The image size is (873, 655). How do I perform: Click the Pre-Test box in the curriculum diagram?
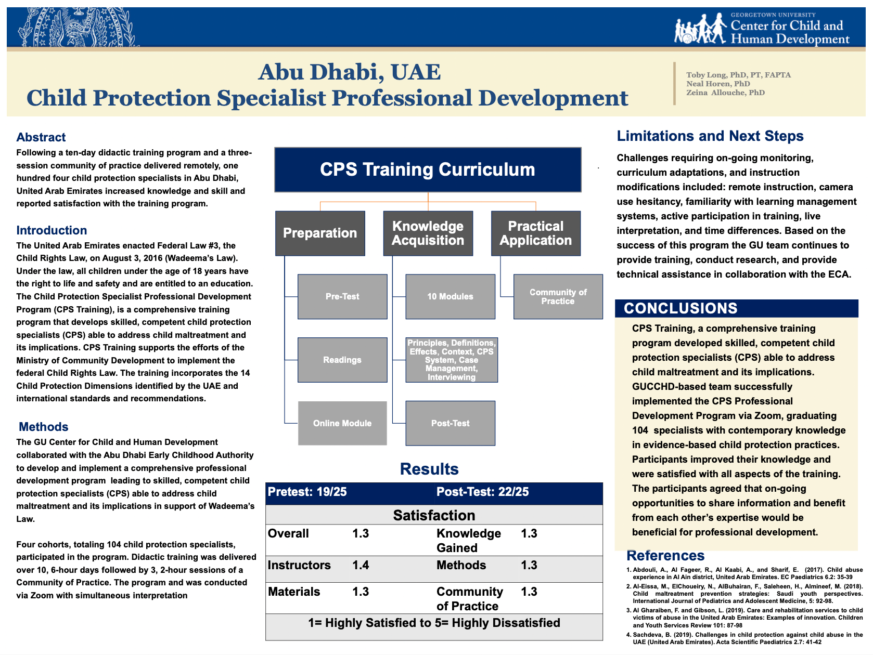click(x=342, y=296)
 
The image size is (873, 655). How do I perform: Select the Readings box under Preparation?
click(x=342, y=360)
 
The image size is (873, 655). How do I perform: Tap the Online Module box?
click(x=342, y=423)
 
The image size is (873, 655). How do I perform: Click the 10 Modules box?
click(x=450, y=296)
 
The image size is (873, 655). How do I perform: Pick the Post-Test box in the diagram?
click(x=450, y=423)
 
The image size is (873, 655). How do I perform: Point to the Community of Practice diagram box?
click(x=558, y=296)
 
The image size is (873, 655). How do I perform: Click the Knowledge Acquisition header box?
click(x=428, y=233)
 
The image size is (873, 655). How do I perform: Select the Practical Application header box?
click(x=535, y=233)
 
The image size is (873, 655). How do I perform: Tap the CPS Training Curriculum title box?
click(x=428, y=169)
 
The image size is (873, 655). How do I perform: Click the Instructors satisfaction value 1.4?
click(x=361, y=565)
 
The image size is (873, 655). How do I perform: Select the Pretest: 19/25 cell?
click(x=307, y=492)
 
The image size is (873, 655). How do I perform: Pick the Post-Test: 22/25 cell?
click(x=482, y=492)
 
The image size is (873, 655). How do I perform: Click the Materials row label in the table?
click(x=294, y=592)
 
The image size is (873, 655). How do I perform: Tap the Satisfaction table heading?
click(x=434, y=515)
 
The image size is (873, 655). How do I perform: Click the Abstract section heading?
click(x=41, y=137)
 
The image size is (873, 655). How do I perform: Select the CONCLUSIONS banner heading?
click(x=681, y=308)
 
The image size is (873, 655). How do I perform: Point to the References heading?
click(x=665, y=555)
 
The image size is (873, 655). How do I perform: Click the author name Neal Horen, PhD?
click(x=718, y=84)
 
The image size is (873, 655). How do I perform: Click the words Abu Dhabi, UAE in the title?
click(x=349, y=72)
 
